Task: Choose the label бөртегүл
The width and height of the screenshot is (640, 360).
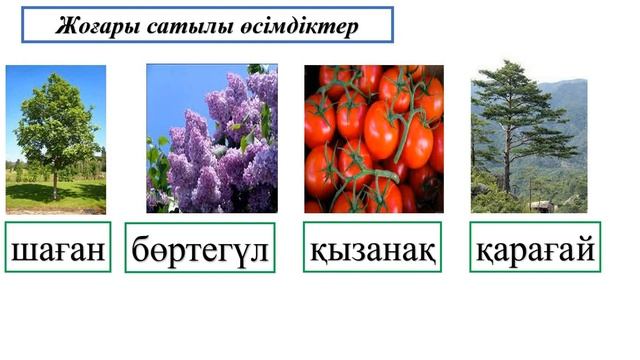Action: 200,249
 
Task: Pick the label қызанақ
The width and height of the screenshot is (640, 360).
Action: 372,248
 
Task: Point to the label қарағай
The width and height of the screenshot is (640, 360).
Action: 535,248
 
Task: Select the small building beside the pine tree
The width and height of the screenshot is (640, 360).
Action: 543,206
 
